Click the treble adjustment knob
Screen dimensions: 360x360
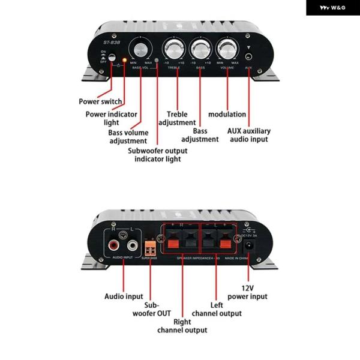(173, 47)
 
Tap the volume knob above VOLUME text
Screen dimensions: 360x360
(227, 47)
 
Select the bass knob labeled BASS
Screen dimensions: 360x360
(200, 47)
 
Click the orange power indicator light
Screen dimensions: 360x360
(125, 60)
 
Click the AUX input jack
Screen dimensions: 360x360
(248, 59)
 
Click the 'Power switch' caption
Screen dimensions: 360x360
(100, 101)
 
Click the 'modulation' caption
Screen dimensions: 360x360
(227, 114)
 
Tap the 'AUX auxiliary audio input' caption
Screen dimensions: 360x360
(248, 135)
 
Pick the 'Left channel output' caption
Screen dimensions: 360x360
(217, 309)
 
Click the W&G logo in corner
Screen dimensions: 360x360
(332, 8)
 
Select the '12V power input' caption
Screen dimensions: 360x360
(247, 292)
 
